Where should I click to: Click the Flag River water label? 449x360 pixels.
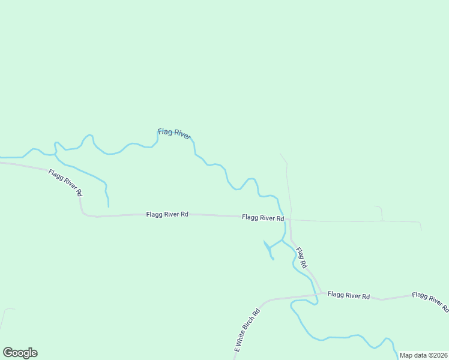coord(174,133)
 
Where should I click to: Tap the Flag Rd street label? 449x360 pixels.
coord(301,257)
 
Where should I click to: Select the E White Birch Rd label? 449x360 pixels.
coord(247,329)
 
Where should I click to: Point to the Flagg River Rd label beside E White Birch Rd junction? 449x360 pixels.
coord(349,295)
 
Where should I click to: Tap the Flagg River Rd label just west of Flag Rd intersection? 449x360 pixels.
coord(263,218)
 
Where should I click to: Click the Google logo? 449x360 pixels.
coord(20,353)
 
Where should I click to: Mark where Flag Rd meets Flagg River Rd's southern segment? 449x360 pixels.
coord(321,293)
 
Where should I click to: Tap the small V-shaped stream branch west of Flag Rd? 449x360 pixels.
coord(268,247)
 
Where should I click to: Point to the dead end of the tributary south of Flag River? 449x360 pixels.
coord(109,207)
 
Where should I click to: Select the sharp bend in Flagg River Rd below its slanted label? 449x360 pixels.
coord(83,212)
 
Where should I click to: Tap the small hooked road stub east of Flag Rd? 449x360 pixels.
coord(380,210)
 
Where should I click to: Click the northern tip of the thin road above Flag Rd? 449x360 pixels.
coord(280,154)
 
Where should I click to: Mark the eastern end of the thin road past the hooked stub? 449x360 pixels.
coord(421,229)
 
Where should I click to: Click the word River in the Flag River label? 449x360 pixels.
coord(181,135)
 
